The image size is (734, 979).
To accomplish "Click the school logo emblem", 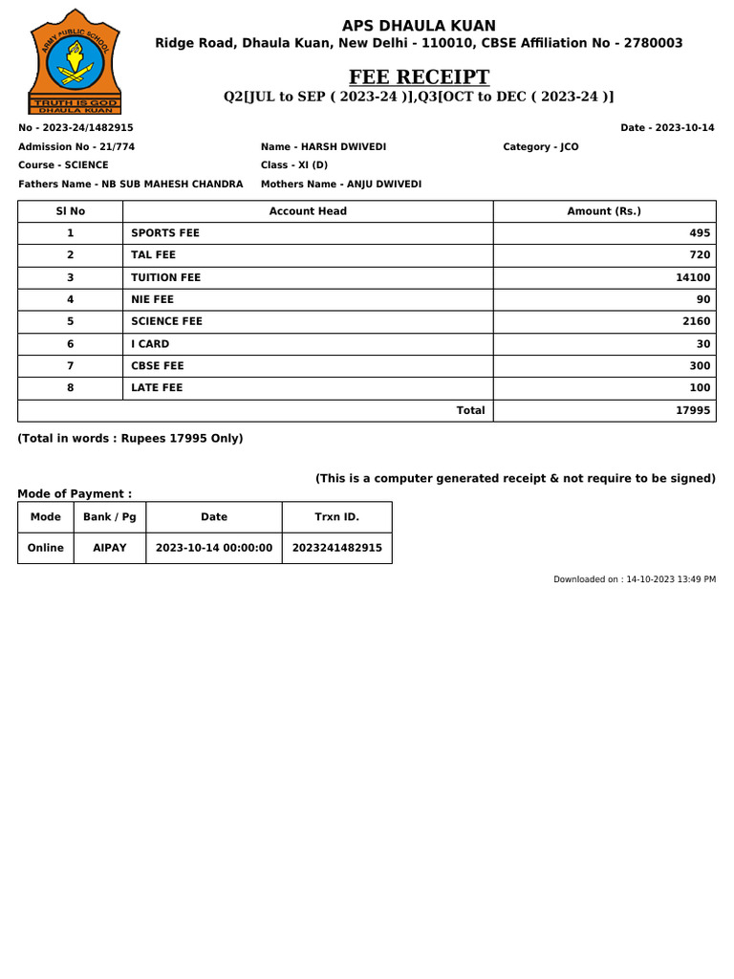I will click(76, 62).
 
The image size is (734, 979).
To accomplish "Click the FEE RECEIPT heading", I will click(419, 76).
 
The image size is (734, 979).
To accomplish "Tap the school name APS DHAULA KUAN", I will click(419, 26).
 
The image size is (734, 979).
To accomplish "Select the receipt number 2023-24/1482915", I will click(76, 128).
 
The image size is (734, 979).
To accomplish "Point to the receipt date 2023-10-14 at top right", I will click(667, 128).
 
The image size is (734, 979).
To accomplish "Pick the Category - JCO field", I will click(540, 146).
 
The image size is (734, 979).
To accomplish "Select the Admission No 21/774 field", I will click(76, 146).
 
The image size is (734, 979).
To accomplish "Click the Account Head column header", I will click(308, 211).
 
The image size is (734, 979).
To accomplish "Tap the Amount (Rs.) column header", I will click(604, 211).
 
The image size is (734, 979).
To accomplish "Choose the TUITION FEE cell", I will click(166, 277).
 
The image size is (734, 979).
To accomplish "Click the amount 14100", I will click(693, 277).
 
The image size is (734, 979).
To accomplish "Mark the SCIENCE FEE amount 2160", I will click(696, 321).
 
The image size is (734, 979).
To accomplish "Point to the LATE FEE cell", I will click(157, 387).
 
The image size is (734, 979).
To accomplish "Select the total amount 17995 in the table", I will click(693, 410).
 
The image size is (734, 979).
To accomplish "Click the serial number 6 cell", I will click(70, 343).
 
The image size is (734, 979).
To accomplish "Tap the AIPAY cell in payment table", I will click(110, 548).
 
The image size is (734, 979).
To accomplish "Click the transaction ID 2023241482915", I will click(336, 548).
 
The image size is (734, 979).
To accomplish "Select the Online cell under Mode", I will click(46, 548).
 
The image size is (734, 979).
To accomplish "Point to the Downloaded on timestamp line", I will click(635, 579).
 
